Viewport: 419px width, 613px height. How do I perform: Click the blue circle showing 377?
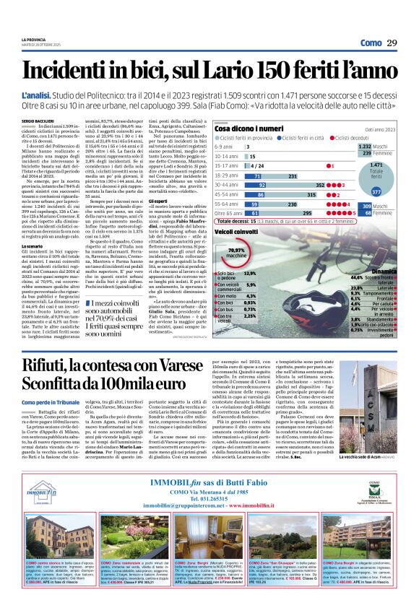coord(376,193)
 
